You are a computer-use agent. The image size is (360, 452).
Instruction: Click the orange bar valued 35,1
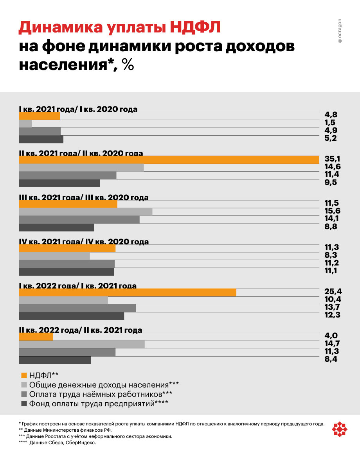169,160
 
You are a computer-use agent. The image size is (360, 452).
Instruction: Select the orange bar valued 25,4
127,292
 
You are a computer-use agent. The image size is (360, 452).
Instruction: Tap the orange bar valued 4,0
36,337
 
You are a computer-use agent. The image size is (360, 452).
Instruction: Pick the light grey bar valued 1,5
25,124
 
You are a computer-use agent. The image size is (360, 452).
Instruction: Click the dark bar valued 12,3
71,316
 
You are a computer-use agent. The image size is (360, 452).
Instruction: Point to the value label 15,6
331,212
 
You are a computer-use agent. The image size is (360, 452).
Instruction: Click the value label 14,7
331,344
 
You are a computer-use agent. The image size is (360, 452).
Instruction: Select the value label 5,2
331,139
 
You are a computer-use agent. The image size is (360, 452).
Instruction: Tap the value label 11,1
331,271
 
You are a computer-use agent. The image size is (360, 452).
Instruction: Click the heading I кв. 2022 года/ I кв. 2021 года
78,286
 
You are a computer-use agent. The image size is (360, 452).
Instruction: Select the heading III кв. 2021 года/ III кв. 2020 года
84,197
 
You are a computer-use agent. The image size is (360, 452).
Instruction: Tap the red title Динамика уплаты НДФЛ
120,28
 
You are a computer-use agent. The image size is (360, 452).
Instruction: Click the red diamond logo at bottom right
339,430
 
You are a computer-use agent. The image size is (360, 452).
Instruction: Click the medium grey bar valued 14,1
79,219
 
